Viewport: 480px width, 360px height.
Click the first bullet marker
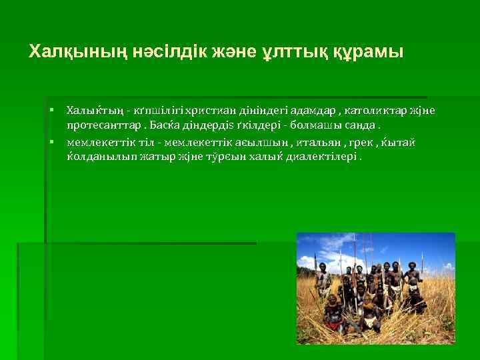51,109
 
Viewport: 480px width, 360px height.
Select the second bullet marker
51,142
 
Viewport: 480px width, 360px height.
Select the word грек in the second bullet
368,143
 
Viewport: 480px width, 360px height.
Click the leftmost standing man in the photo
323,280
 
